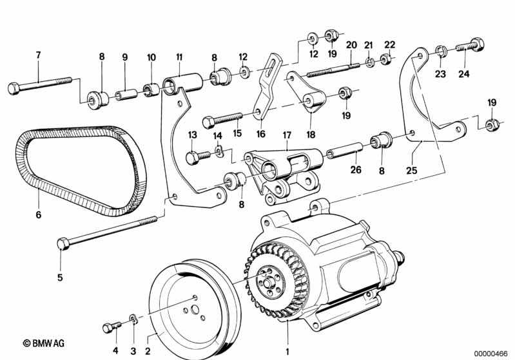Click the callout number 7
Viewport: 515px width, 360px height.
click(x=38, y=55)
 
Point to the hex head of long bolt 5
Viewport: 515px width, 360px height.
click(x=62, y=243)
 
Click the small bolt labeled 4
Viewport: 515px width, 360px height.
click(x=109, y=327)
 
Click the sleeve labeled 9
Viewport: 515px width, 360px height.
click(x=126, y=96)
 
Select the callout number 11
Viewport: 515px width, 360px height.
click(x=179, y=56)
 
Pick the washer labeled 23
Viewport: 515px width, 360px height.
click(x=441, y=50)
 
